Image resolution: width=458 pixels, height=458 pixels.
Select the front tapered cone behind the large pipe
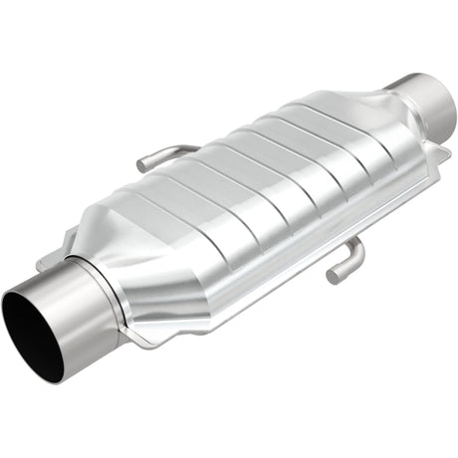(x=149, y=259)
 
